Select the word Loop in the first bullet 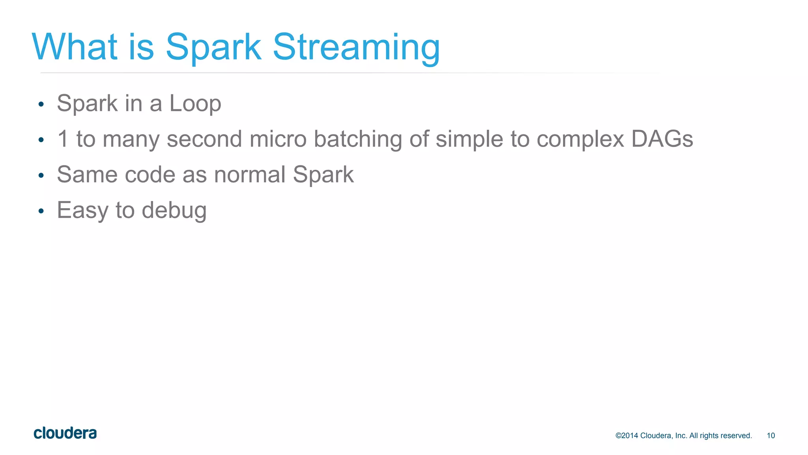pos(195,104)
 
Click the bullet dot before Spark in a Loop pos(41,105)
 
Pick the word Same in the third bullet pos(87,175)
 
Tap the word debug pos(174,211)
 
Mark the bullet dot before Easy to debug pos(41,211)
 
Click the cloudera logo pos(65,433)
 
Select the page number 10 pos(771,436)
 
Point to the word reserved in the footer pos(737,436)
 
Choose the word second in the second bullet pos(204,139)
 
